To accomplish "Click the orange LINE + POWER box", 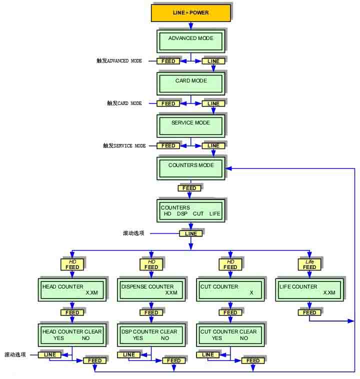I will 190,12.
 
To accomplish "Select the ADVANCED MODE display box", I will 190,40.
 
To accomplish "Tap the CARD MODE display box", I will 190,83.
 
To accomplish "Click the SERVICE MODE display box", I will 190,125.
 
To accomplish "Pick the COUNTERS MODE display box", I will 190,167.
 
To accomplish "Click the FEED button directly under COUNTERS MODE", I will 189,188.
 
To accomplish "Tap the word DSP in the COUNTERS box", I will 182,214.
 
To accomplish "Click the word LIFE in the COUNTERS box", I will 214,214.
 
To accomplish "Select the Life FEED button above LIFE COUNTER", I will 309,264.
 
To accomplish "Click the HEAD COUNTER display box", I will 72,289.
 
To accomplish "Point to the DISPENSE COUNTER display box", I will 151,289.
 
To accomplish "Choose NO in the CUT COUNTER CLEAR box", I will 243,338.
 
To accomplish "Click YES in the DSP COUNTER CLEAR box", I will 138,338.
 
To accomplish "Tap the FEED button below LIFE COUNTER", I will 309,312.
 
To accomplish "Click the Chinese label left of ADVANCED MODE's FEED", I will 119,61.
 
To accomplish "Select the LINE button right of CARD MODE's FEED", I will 213,103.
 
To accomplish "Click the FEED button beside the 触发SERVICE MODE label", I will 168,146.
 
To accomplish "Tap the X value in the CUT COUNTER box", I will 251,293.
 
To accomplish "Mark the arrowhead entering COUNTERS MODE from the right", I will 228,168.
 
